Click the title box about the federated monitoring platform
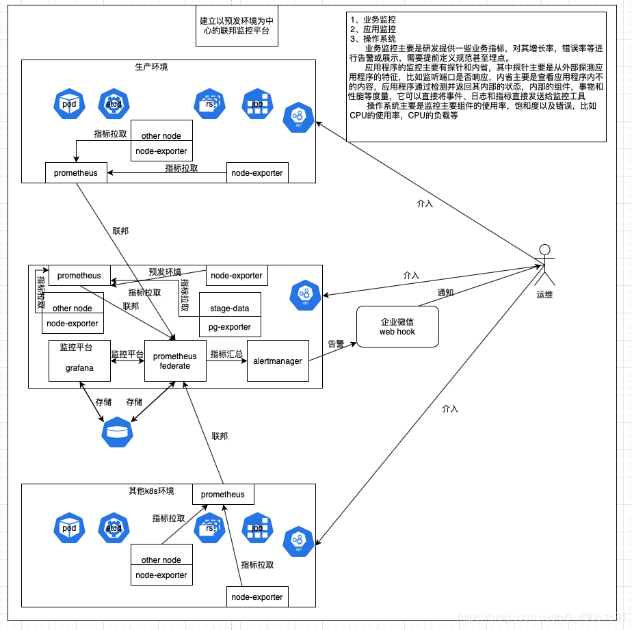point(236,27)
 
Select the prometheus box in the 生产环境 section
point(76,173)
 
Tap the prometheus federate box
point(175,360)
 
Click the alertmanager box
point(278,360)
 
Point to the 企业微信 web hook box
point(397,327)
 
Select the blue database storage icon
point(118,432)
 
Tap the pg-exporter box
point(230,327)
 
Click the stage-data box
point(230,308)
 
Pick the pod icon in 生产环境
point(69,103)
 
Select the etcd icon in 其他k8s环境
point(114,527)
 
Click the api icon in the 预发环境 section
point(305,293)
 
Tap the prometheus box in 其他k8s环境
point(223,494)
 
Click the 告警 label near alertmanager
point(336,344)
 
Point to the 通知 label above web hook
point(445,292)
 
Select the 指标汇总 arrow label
point(226,354)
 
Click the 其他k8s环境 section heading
point(151,491)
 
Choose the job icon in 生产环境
point(258,104)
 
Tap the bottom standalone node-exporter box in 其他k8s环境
point(257,596)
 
